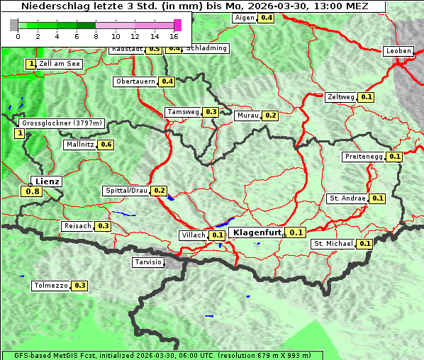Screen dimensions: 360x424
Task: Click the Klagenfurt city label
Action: tap(258, 232)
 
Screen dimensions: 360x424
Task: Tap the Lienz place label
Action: tap(47, 181)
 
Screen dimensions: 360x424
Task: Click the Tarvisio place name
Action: tap(148, 262)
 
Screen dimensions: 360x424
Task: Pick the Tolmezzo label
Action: tap(50, 286)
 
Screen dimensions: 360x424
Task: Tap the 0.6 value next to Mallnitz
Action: tap(106, 145)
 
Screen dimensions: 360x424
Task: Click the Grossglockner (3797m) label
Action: tap(62, 123)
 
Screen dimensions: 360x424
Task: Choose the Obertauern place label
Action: tap(135, 81)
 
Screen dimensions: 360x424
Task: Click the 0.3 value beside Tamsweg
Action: tap(211, 112)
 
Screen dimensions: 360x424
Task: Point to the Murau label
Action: tap(247, 115)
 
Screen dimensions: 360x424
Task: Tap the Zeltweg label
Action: tap(341, 97)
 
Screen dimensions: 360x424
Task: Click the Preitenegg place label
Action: tap(364, 157)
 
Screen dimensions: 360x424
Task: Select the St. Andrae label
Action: tap(347, 198)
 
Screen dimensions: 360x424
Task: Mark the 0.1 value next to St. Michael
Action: tap(364, 244)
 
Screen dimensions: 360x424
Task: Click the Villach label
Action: tap(194, 235)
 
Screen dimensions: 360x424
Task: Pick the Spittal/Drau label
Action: tap(126, 191)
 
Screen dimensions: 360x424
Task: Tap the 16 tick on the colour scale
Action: tap(174, 35)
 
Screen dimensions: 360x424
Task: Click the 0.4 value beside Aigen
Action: tap(266, 18)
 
